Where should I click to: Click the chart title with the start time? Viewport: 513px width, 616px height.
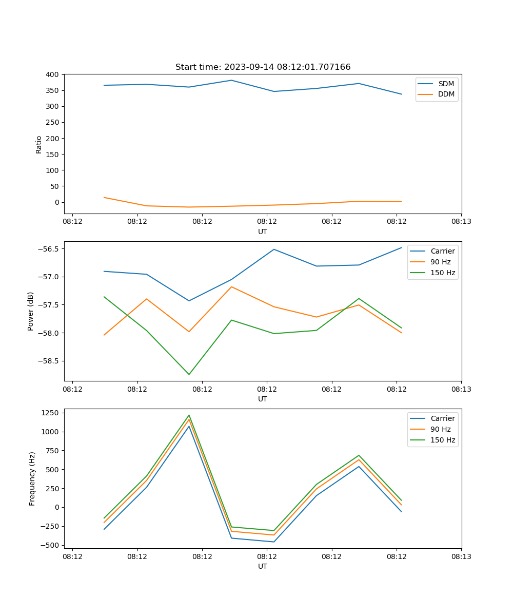click(x=263, y=67)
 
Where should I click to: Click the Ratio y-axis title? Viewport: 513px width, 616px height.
click(x=38, y=144)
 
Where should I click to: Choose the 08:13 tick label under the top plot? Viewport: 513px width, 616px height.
click(x=461, y=222)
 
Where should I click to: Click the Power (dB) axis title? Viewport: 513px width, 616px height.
click(x=31, y=311)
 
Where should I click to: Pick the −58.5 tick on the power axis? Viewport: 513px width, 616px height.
click(x=49, y=361)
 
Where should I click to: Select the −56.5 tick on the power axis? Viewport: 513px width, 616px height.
click(x=49, y=249)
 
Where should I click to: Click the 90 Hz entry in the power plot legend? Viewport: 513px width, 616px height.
click(x=440, y=262)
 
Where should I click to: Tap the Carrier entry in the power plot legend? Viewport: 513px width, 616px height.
click(x=442, y=251)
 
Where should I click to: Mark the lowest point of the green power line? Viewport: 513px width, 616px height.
click(x=189, y=374)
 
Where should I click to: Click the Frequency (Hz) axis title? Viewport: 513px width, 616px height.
click(x=32, y=478)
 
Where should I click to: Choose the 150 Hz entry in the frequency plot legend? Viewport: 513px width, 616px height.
click(x=443, y=440)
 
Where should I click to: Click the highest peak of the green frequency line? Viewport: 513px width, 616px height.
click(x=189, y=415)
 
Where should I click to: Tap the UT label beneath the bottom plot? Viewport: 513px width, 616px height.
click(x=263, y=566)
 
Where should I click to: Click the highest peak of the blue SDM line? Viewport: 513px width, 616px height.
click(x=231, y=80)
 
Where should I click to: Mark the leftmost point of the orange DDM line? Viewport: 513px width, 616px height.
click(x=104, y=197)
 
